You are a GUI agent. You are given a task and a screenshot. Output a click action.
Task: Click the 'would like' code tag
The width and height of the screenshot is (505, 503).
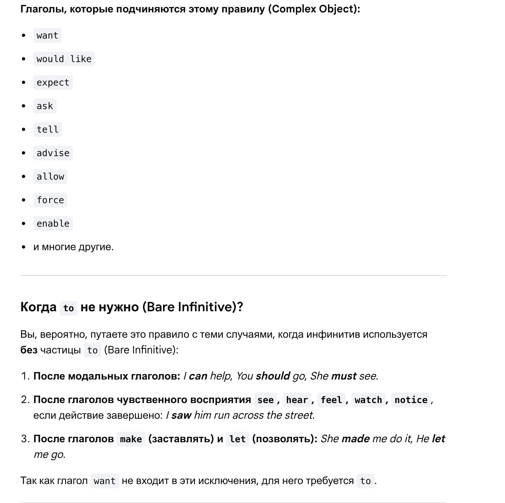[64, 59]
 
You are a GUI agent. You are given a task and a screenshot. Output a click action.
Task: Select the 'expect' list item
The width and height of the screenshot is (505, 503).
[53, 83]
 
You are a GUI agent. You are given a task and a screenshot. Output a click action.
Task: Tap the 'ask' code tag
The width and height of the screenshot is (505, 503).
[45, 106]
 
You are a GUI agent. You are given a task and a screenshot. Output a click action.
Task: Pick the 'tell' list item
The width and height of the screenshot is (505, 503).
[47, 130]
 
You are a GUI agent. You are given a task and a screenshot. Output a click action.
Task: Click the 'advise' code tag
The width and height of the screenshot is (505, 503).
[53, 153]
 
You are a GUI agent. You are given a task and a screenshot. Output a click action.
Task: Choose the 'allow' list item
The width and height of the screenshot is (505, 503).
[50, 177]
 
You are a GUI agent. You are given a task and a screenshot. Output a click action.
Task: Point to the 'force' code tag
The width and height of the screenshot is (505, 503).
[50, 200]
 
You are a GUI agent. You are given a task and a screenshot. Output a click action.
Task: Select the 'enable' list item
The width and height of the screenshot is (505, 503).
[53, 224]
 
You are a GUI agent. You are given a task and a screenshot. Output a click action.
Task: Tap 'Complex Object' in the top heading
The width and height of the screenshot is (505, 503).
[313, 9]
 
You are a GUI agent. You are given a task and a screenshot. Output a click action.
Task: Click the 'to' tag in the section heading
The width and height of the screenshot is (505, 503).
[68, 308]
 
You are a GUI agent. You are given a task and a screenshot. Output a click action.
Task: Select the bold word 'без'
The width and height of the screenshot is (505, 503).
[29, 350]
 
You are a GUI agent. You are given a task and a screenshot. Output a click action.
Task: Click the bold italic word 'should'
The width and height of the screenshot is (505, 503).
[273, 376]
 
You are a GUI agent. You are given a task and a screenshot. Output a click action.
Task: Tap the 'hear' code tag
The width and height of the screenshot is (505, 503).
[297, 400]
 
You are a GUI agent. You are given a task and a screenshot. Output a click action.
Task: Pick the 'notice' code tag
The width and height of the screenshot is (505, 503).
[411, 400]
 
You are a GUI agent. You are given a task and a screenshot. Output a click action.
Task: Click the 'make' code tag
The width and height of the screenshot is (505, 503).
[131, 439]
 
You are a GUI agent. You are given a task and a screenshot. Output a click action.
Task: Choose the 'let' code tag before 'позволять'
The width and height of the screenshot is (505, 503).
[237, 439]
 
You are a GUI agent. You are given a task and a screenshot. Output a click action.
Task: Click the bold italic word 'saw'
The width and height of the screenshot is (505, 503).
[181, 415]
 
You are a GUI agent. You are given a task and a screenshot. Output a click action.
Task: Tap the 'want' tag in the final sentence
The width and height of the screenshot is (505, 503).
[105, 481]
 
